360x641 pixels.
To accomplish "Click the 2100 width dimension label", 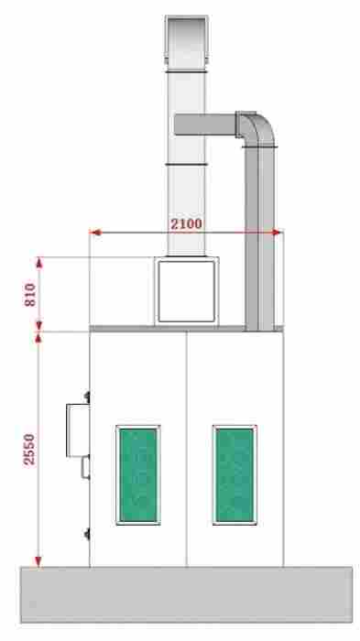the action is pos(186,224).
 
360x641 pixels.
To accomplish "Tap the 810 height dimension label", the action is pos(30,295).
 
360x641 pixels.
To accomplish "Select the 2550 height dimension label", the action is pos(29,450).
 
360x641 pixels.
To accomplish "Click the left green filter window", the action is pos(138,475).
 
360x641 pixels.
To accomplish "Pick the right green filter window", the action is pos(235,475).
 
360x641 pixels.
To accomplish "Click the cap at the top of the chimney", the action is pos(187,40).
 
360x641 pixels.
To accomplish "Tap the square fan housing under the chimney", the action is pos(187,291).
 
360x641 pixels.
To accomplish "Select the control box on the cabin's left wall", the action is pos(78,430).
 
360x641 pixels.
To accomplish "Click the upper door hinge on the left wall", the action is pos(87,397).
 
